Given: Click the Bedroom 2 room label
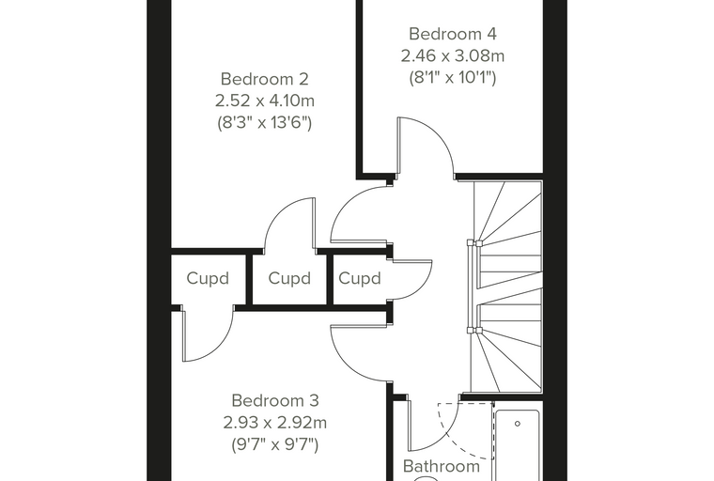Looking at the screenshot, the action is (265, 79).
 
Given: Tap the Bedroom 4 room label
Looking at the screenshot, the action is (452, 34).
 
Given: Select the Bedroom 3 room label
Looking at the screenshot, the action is (275, 401).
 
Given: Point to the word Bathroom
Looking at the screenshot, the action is (442, 466).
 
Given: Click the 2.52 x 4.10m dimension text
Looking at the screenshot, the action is (265, 101).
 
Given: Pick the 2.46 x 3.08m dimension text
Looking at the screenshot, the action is (453, 55).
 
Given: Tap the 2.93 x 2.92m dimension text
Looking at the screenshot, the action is (275, 423).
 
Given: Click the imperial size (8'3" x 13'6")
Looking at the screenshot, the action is (265, 123).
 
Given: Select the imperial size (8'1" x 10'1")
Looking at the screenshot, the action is (452, 78).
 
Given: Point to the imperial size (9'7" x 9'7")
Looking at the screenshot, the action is (275, 444).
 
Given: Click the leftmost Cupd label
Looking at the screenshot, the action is (208, 278).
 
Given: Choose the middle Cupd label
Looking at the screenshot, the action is (289, 278).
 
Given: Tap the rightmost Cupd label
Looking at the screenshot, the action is (359, 278).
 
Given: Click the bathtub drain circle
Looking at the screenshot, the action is (518, 424).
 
